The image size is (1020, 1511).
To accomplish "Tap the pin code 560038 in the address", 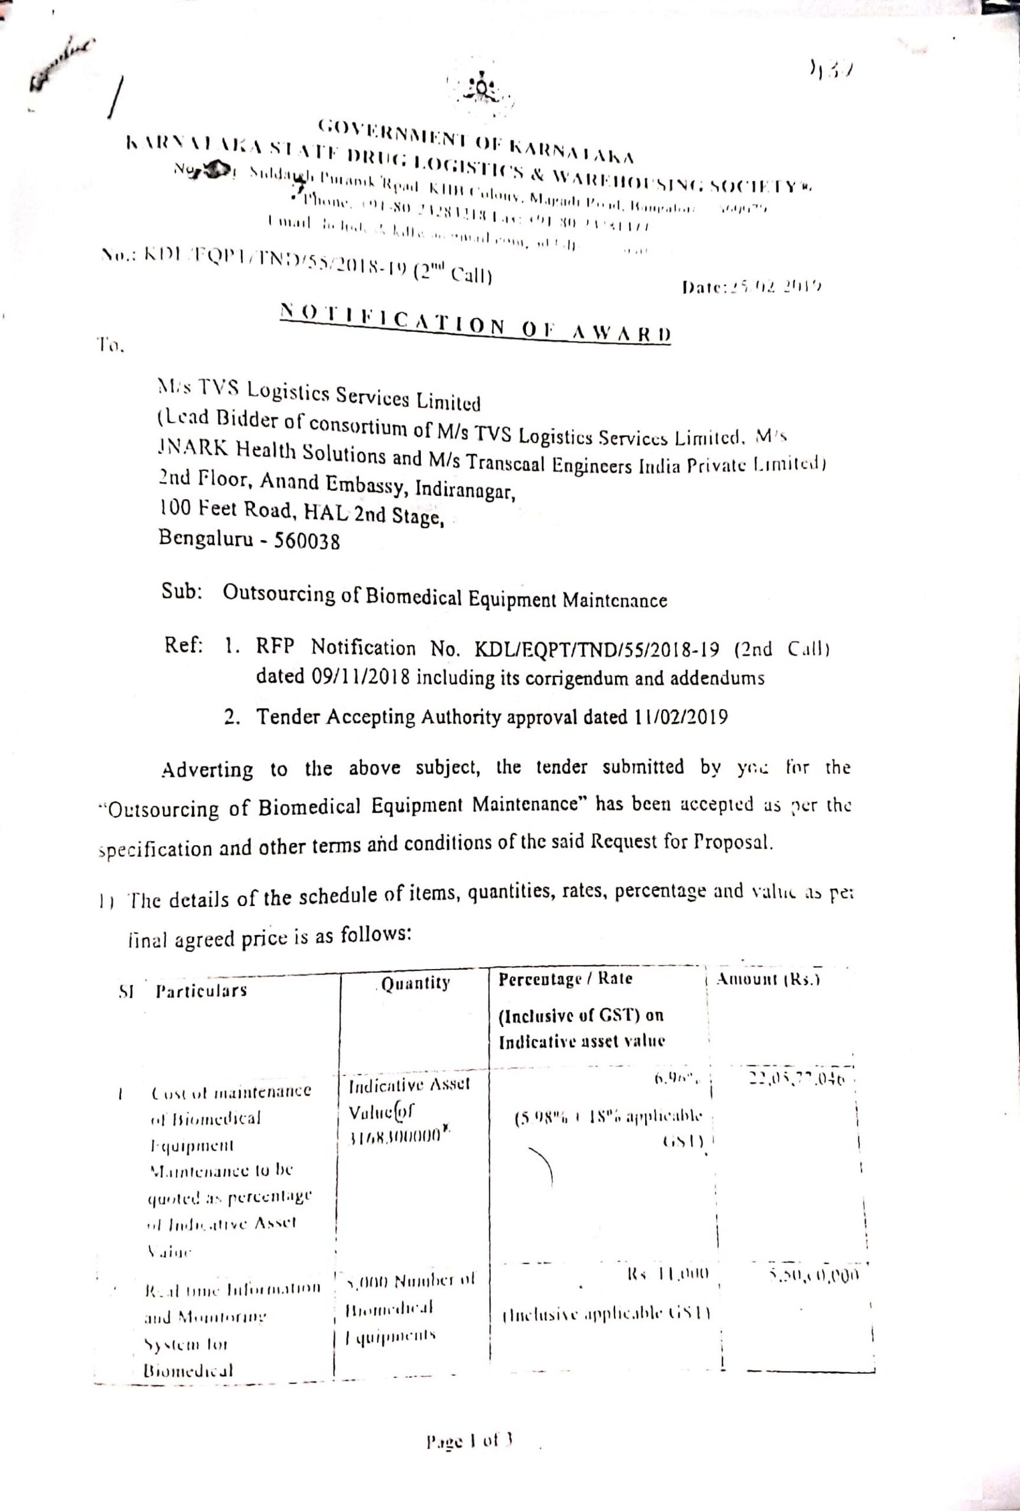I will (x=308, y=541).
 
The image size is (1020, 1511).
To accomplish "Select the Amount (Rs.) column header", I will (x=767, y=981).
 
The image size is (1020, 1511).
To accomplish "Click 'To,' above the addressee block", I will (x=110, y=347).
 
